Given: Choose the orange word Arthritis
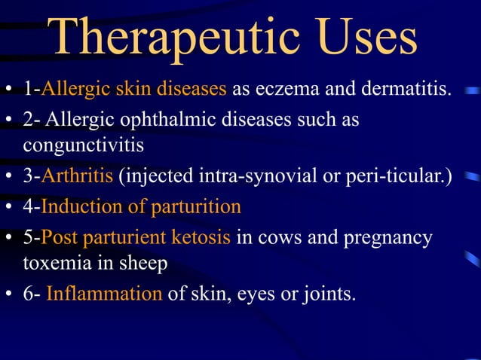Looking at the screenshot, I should click(78, 175).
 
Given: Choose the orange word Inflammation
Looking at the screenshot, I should click(104, 292).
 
